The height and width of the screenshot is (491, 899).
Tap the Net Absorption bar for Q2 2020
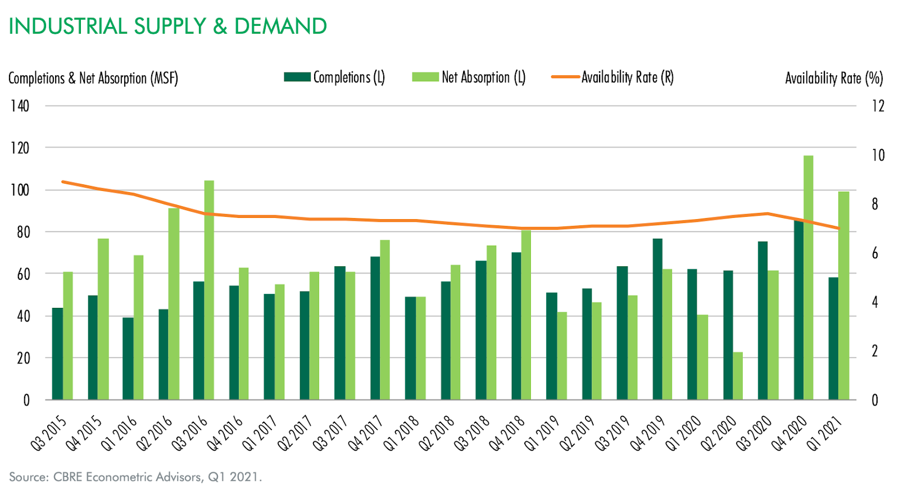tap(738, 376)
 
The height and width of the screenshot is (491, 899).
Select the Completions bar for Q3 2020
tap(762, 320)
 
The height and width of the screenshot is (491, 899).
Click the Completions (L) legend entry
tap(335, 78)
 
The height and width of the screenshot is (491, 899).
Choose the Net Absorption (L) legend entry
tap(469, 78)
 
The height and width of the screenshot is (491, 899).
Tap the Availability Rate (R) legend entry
tap(613, 78)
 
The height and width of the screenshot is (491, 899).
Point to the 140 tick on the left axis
tap(20, 106)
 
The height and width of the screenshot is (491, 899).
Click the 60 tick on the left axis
tap(23, 274)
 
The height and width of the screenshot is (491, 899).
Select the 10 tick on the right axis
tap(877, 155)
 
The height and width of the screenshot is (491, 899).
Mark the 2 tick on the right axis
tap(874, 351)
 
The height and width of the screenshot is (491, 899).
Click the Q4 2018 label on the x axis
tap(507, 433)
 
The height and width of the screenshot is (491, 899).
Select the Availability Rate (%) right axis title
tap(834, 78)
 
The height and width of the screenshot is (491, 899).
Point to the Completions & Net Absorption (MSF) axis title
tap(93, 78)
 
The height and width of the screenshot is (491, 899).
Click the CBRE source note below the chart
tap(135, 477)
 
